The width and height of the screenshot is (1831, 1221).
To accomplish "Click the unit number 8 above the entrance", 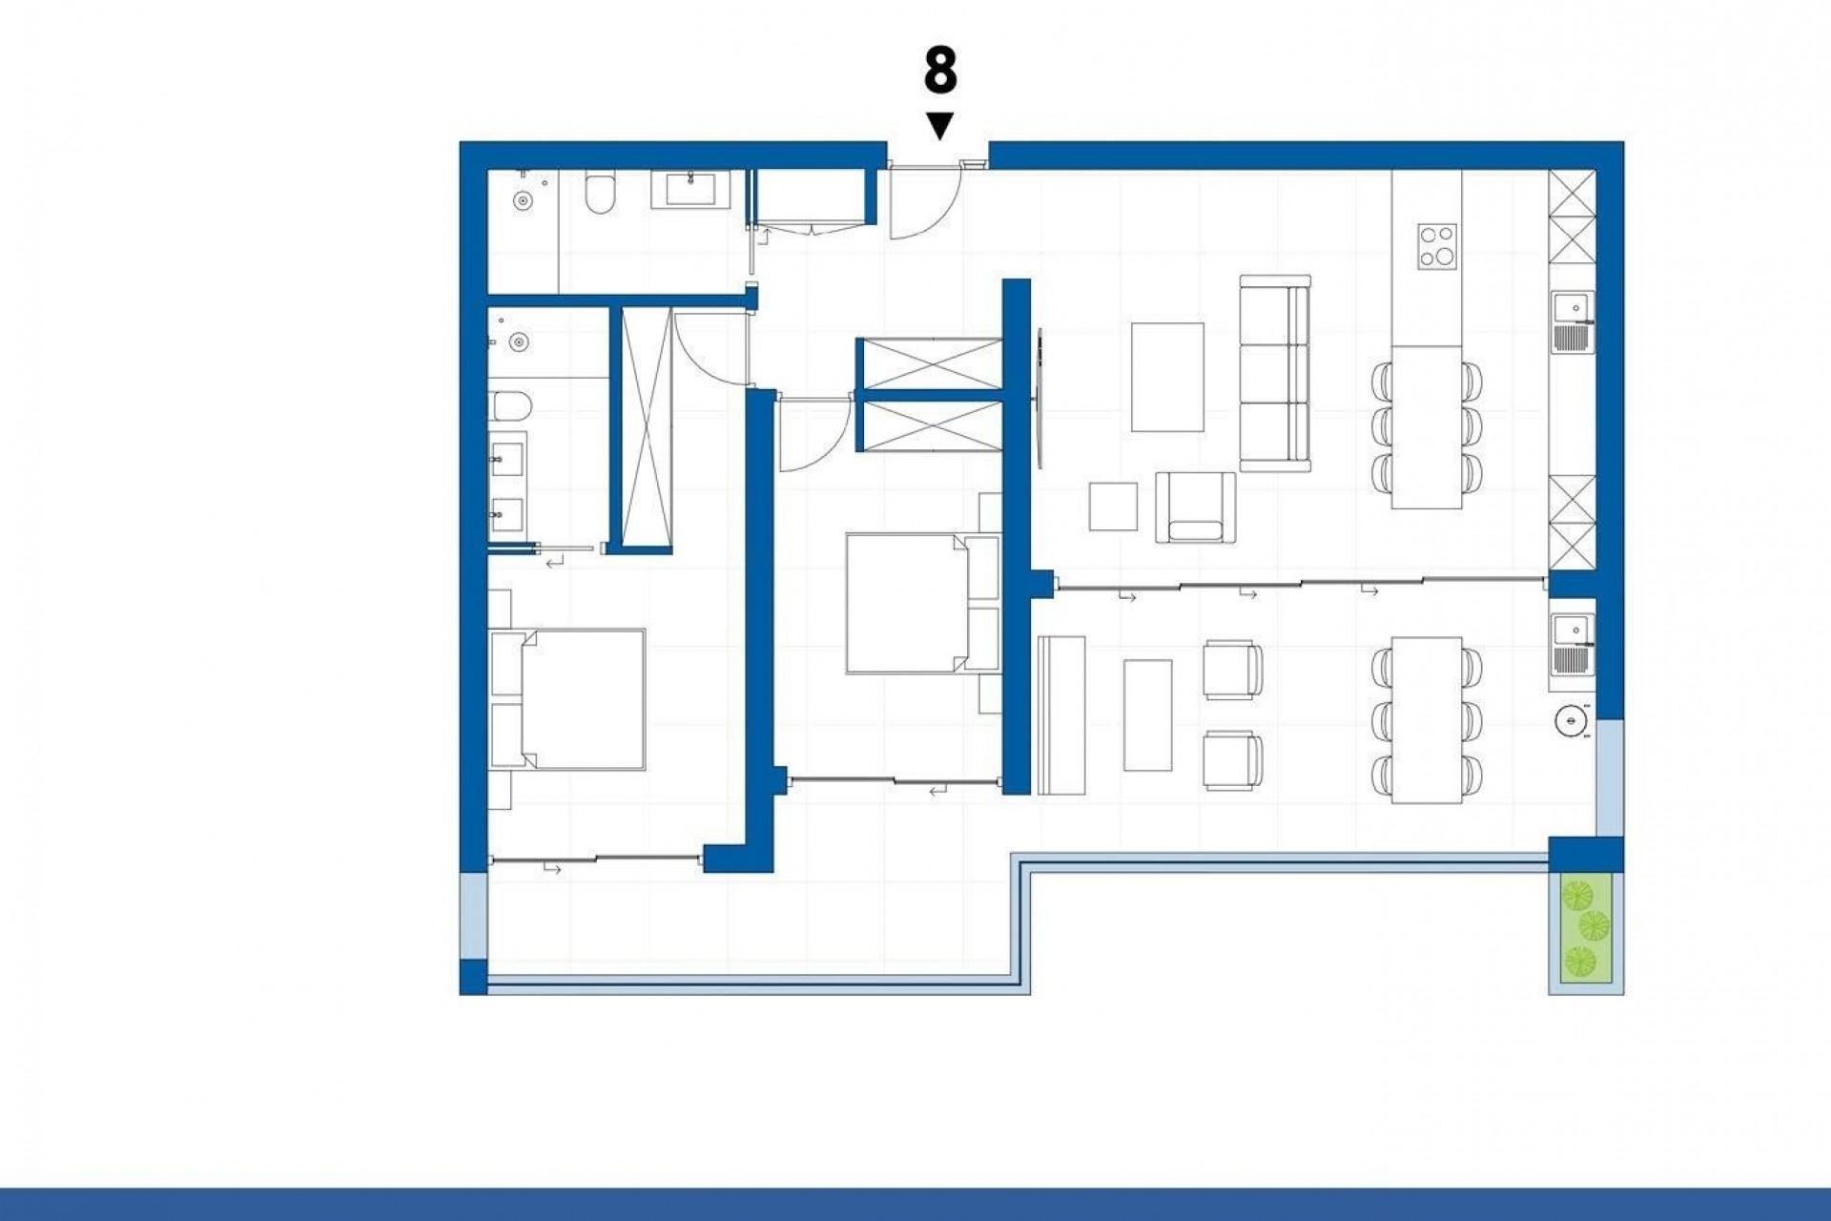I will tap(939, 72).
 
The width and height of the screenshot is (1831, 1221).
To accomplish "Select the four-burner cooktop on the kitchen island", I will tap(1436, 246).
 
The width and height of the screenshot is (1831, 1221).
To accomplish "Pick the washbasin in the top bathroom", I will tap(691, 189).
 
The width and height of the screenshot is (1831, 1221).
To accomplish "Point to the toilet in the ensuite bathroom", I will tap(512, 406).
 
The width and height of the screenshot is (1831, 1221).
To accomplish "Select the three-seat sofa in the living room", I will tap(1275, 373).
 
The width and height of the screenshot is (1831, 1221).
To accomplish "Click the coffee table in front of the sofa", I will tap(1167, 377).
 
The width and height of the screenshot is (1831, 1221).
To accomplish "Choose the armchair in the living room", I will tap(1195, 507).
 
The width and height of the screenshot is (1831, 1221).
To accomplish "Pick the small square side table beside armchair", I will tap(1113, 507).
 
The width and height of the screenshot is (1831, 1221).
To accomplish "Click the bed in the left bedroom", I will tap(568, 698).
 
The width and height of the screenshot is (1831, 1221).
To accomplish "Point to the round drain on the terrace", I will tap(1570, 721).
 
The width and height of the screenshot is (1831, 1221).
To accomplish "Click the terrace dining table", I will tap(1427, 719).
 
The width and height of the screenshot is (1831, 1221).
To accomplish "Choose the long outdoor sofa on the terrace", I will tap(1060, 715).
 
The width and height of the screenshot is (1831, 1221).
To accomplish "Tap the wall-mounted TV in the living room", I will tap(1039, 397).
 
